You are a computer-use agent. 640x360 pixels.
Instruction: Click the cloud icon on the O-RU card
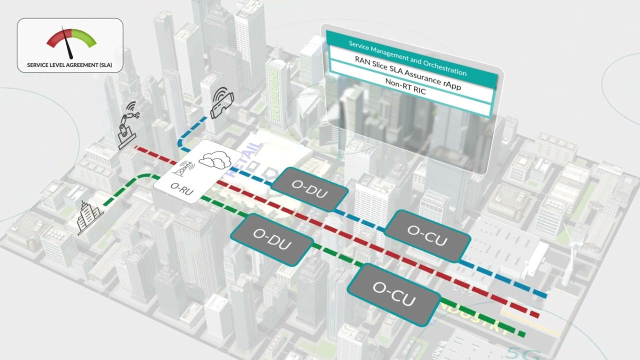(x=212, y=158)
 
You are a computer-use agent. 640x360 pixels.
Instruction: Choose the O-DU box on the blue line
(x=310, y=188)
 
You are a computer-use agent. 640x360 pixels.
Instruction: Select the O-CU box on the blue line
(x=427, y=235)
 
